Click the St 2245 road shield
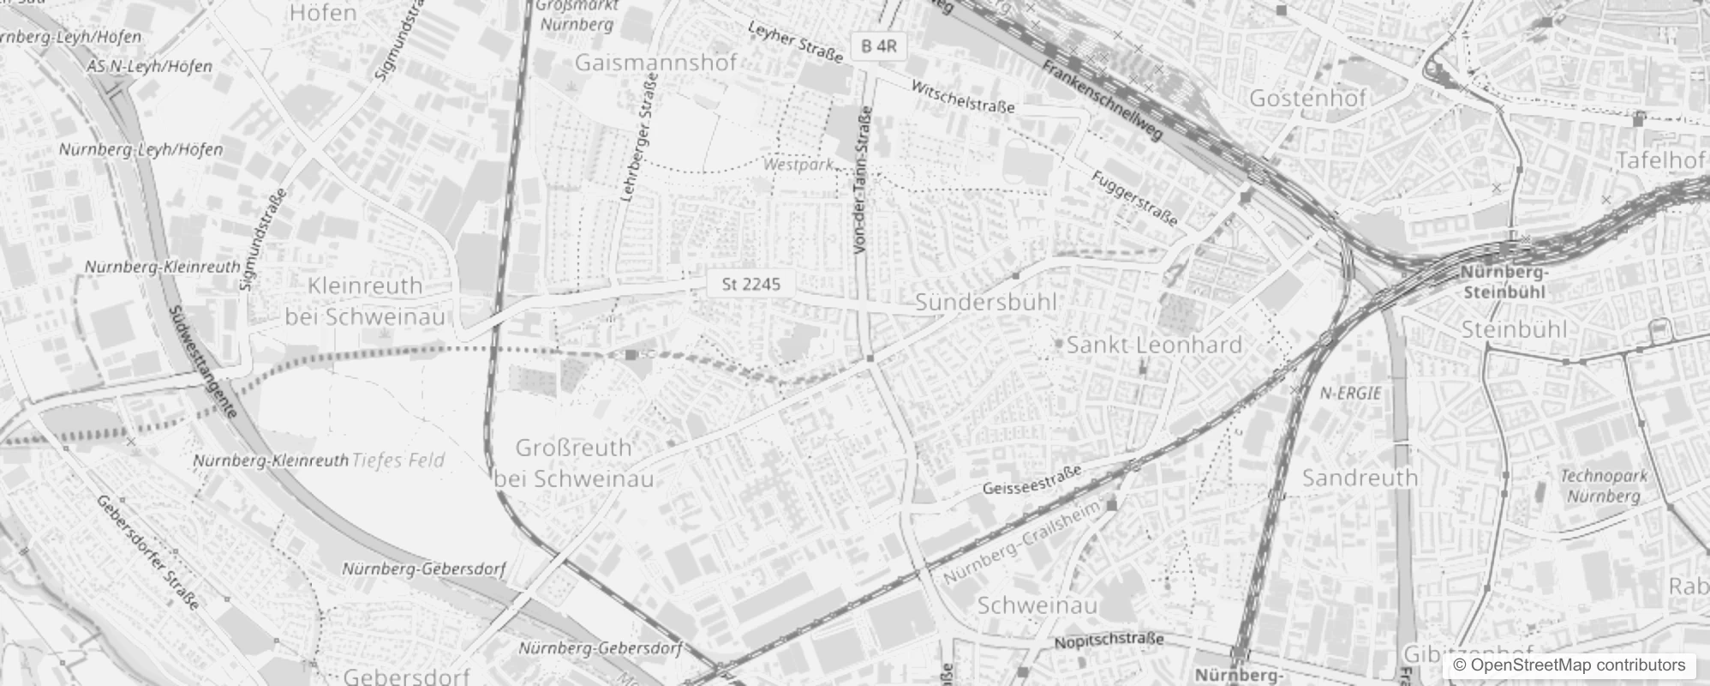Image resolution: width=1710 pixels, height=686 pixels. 750,284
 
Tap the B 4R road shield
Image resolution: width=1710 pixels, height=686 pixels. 878,46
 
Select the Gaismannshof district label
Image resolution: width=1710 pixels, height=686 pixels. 655,63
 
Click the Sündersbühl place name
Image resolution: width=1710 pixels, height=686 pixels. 985,302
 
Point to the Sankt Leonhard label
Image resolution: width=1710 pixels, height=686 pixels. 1154,345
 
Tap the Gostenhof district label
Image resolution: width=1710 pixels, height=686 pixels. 1307,98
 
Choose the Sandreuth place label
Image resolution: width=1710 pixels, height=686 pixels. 1360,478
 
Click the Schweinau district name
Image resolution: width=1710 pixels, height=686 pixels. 1037,605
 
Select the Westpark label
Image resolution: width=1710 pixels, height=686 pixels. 798,164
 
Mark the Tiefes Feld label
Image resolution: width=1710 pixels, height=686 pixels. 398,460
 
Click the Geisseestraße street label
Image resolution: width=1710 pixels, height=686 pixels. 1032,480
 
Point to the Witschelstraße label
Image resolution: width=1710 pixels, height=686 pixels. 963,98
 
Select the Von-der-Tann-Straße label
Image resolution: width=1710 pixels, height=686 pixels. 863,180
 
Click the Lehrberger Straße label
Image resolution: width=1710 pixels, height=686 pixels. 637,137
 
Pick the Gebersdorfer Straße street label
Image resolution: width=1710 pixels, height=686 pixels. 147,552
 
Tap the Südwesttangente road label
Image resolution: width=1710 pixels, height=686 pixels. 202,362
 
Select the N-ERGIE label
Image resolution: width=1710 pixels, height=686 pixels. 1350,394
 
